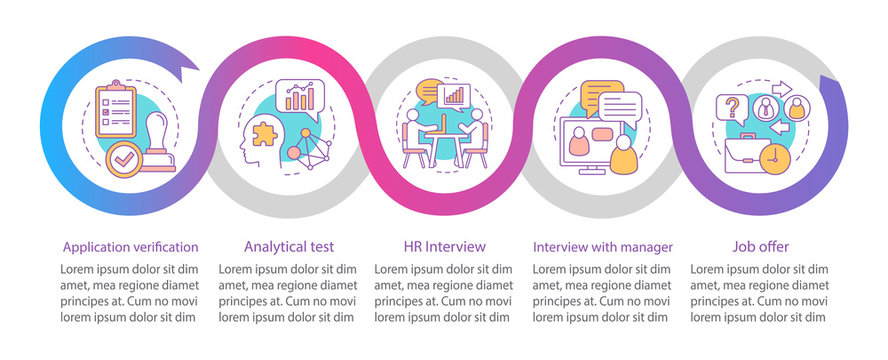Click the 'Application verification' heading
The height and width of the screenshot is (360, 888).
tap(130, 246)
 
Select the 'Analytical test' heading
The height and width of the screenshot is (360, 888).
tap(288, 246)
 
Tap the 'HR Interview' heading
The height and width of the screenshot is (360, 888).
tap(444, 246)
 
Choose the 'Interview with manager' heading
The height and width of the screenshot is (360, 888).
tap(602, 246)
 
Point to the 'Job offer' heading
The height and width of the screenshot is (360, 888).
tap(759, 246)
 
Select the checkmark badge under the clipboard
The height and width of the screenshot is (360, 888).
tap(126, 157)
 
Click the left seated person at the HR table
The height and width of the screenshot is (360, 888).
tap(413, 135)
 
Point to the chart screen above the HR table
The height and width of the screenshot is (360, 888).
tap(455, 96)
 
